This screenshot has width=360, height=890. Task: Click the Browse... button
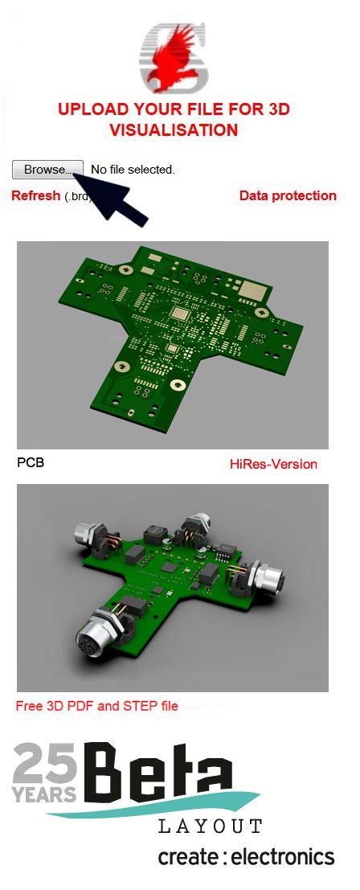click(47, 170)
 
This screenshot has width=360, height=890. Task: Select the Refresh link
click(35, 195)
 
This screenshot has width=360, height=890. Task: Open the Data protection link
click(288, 195)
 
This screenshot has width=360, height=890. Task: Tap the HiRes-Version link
click(273, 464)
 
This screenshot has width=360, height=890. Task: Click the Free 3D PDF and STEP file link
click(96, 706)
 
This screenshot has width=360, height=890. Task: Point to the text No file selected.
click(133, 170)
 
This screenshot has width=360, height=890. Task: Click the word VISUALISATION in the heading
click(174, 129)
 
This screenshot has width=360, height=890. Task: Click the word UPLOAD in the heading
click(89, 109)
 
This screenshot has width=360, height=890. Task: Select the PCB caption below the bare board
click(31, 463)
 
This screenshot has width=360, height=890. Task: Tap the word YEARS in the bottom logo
click(45, 794)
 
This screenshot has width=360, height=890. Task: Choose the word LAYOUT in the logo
click(210, 826)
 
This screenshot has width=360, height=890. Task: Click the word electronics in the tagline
click(282, 857)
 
